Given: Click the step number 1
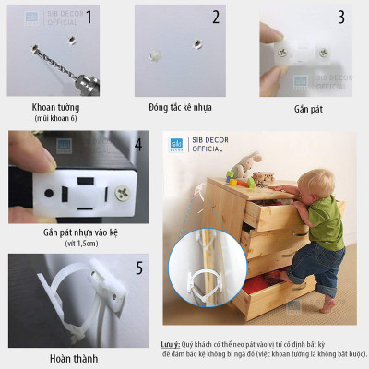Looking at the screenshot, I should (x=113, y=17).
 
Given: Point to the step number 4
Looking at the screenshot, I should (x=137, y=146).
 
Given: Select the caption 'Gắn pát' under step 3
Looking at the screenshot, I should (x=311, y=108).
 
